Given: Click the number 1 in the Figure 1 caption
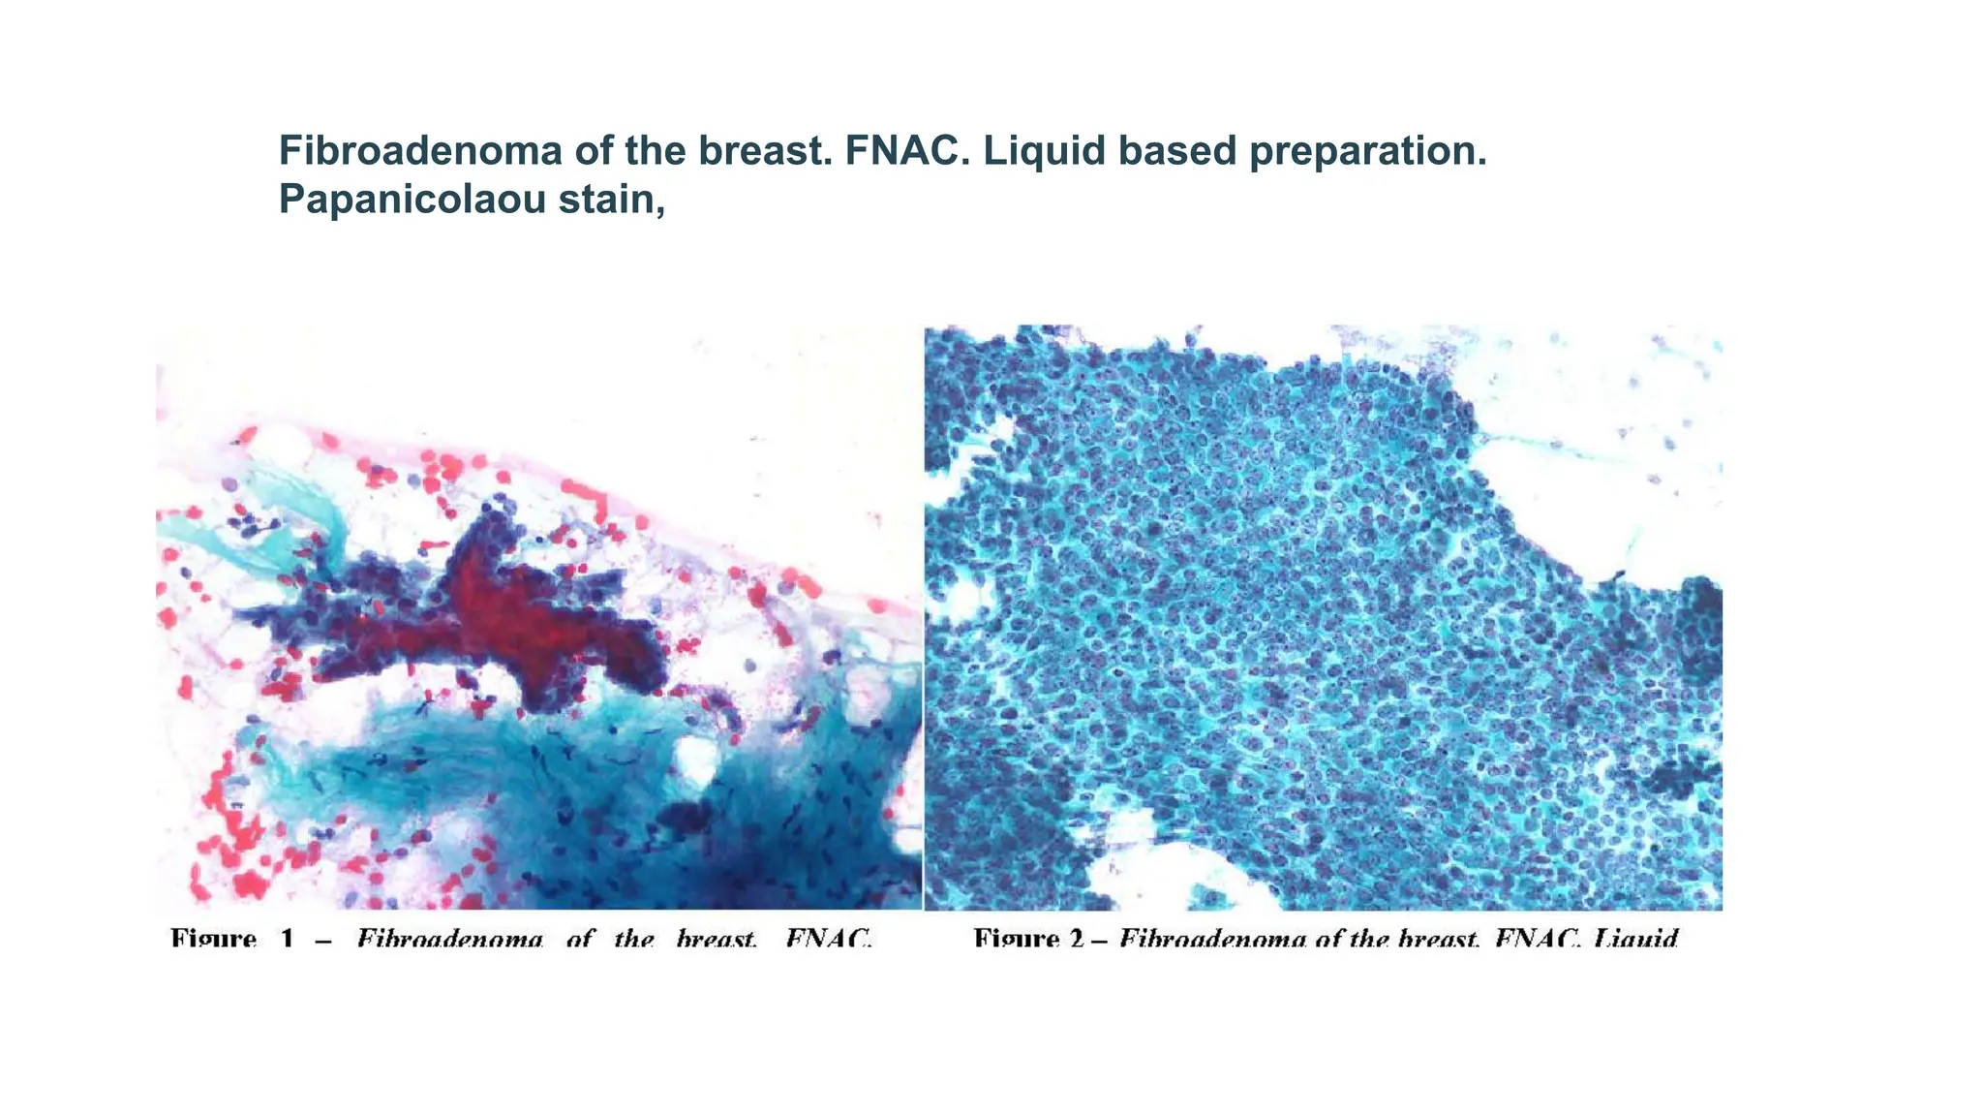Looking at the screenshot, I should coord(287,938).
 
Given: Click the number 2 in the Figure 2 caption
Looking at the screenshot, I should coord(1077,938).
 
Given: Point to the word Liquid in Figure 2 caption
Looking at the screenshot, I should coord(1635,938).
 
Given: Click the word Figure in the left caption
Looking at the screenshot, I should coord(213,938).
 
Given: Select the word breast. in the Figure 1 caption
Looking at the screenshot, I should coord(717,938).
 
